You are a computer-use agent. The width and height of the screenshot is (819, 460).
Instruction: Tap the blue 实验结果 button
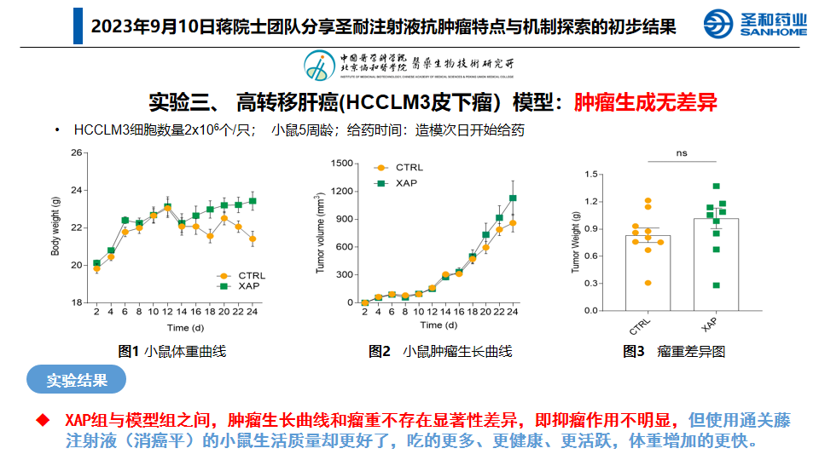tap(77, 380)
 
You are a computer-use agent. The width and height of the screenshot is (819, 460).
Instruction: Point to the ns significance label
tap(682, 153)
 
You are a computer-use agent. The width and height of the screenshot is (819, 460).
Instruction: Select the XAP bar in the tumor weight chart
tap(716, 264)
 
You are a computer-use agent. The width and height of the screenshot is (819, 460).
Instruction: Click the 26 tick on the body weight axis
tap(76, 153)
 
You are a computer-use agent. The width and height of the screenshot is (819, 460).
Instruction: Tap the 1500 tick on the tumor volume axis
tap(341, 164)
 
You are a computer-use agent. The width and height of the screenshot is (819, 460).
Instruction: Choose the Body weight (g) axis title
tap(56, 227)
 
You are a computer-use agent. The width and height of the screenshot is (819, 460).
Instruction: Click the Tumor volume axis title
tap(321, 232)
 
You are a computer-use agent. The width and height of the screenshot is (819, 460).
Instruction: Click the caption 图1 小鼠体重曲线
tap(171, 351)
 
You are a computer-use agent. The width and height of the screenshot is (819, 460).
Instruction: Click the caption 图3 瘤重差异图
tap(674, 351)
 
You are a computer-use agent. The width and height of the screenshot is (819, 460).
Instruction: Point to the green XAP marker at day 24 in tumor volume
tap(514, 198)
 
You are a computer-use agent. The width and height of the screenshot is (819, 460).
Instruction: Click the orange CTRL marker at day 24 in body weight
tap(253, 239)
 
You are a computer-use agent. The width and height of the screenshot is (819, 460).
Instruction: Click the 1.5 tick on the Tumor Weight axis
tap(590, 174)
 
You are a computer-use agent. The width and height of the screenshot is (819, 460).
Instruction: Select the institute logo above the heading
tap(409, 64)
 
